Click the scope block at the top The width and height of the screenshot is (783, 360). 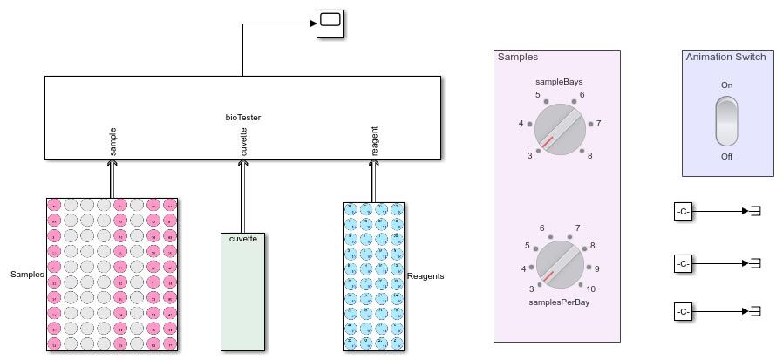pyautogui.click(x=329, y=24)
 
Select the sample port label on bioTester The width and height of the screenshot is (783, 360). pyautogui.click(x=113, y=142)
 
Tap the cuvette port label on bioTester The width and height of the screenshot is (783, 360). pyautogui.click(x=243, y=142)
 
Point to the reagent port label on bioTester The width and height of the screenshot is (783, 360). pyautogui.click(x=375, y=142)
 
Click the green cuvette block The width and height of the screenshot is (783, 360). pyautogui.click(x=243, y=291)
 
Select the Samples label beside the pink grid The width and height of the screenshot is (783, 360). pyautogui.click(x=27, y=275)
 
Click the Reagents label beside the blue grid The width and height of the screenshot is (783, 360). pyautogui.click(x=426, y=276)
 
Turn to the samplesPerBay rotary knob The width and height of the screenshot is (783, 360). pyautogui.click(x=560, y=265)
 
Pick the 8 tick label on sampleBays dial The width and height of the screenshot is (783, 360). pyautogui.click(x=590, y=156)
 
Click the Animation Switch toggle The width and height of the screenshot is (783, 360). pyautogui.click(x=726, y=121)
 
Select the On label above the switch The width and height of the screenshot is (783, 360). pyautogui.click(x=726, y=85)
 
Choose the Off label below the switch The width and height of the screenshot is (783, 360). pyautogui.click(x=726, y=157)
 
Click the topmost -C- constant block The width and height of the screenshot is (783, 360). pyautogui.click(x=684, y=211)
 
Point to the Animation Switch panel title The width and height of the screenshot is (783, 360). pyautogui.click(x=725, y=57)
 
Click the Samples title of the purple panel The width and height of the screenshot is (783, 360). pyautogui.click(x=517, y=57)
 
